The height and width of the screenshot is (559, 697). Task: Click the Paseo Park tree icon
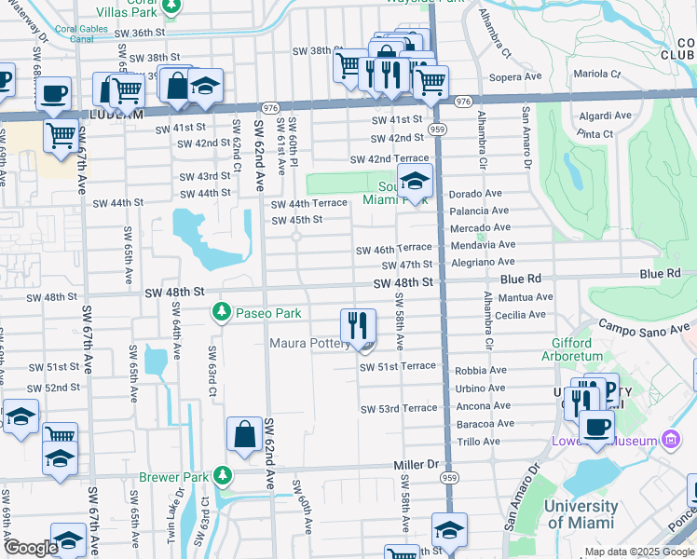tap(222, 313)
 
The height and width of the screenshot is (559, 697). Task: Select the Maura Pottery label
tap(310, 343)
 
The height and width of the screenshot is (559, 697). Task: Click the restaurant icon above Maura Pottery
tap(358, 325)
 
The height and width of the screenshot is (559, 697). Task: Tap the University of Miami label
tap(581, 514)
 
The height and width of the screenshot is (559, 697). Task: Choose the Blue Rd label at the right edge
tap(660, 273)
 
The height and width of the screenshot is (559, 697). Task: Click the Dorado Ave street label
tap(476, 194)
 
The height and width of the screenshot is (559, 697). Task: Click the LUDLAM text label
tap(116, 115)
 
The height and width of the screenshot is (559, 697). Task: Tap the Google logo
tap(31, 548)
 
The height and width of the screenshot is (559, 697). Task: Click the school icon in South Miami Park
tap(415, 180)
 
